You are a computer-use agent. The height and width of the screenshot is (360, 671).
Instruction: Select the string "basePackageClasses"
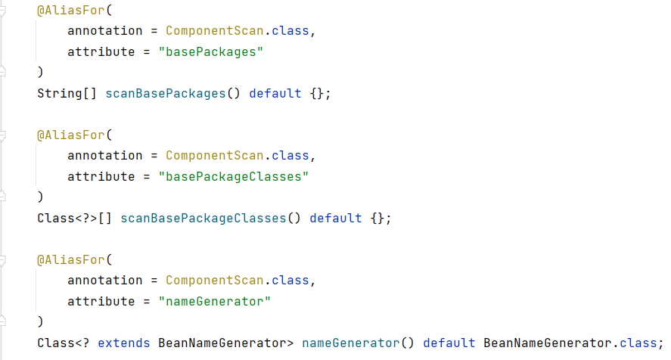point(234,177)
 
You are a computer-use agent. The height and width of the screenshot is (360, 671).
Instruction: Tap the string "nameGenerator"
point(215,302)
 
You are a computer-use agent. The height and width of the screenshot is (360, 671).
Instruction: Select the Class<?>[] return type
point(75,219)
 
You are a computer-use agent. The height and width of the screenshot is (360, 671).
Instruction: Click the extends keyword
point(124,343)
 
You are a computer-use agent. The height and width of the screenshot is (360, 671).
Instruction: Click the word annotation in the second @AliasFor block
point(105,156)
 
